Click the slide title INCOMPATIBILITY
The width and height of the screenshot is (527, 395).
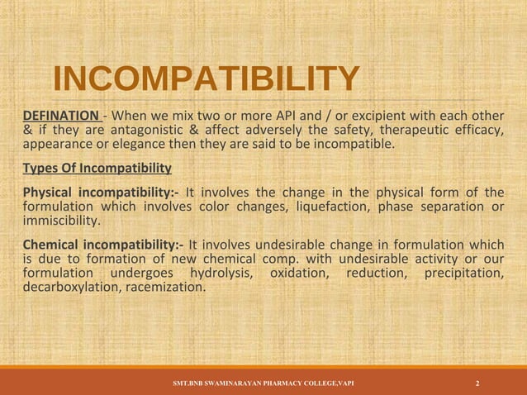[x=206, y=80]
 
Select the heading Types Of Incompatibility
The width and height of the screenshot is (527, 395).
[x=97, y=169]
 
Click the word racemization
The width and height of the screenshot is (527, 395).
[x=165, y=288]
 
